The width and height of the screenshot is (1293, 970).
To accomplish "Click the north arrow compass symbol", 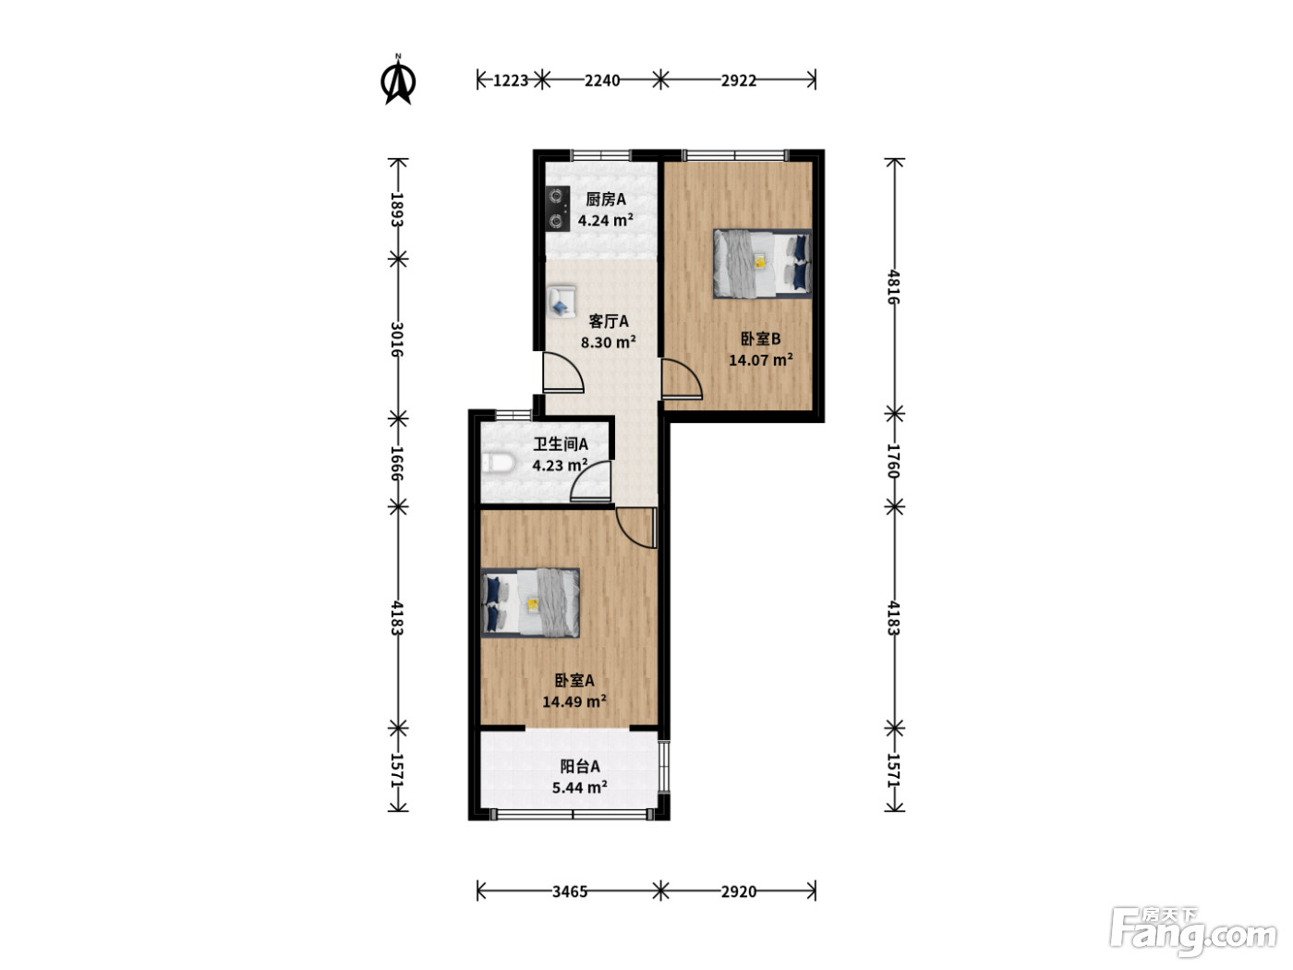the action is (x=398, y=79).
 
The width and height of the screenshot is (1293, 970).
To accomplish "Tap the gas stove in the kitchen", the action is (x=557, y=209).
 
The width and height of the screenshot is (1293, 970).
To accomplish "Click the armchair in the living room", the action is (x=561, y=301).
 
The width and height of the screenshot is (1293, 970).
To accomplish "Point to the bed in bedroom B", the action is (x=762, y=263).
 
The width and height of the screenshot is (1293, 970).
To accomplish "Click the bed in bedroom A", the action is (x=530, y=602).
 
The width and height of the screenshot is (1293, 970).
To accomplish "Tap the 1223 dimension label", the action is (x=510, y=80).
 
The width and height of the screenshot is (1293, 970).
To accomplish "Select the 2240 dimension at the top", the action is (x=602, y=80).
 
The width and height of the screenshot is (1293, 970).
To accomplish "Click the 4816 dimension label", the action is (x=894, y=286).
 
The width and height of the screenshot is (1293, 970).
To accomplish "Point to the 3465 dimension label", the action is (x=570, y=891).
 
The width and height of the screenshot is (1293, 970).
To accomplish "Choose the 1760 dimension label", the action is (x=894, y=461).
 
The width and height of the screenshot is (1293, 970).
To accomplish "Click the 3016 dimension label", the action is (x=398, y=339).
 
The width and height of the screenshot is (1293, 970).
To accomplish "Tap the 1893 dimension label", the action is (x=398, y=210).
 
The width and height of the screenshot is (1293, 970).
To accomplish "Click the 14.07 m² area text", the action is (x=760, y=359).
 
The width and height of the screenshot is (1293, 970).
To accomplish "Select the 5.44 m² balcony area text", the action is (x=580, y=787).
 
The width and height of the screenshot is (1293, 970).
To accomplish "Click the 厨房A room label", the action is (x=606, y=199).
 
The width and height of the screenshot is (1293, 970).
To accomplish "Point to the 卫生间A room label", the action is (x=561, y=443).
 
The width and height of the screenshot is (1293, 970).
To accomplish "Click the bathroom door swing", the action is (x=591, y=480).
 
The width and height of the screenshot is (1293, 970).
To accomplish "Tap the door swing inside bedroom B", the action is (x=683, y=380).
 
